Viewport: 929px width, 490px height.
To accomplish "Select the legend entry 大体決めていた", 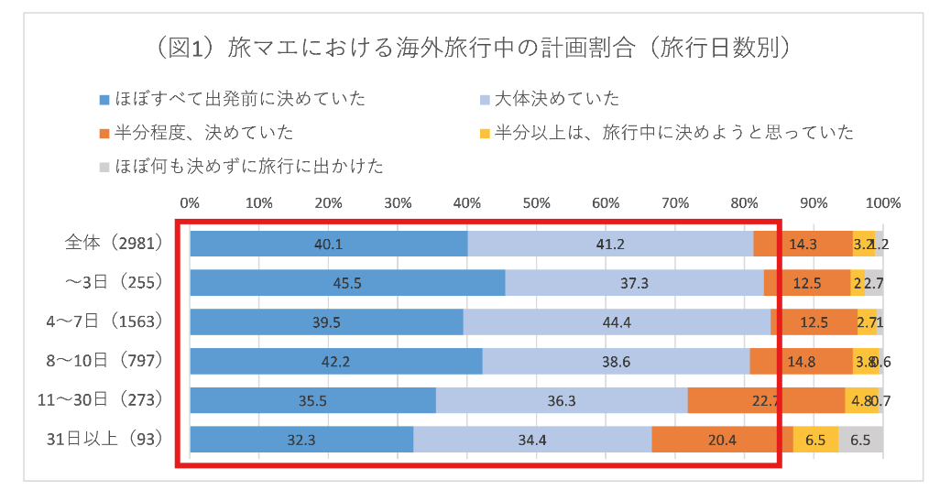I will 557,99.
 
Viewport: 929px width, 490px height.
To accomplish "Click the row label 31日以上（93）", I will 106,439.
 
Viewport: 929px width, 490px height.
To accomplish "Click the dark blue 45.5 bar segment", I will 347,283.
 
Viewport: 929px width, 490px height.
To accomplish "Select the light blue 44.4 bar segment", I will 617,321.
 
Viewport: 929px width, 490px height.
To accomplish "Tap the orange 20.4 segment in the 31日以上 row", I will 722,439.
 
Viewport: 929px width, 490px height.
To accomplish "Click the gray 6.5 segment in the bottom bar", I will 860,439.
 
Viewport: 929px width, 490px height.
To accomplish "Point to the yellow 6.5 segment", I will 815,439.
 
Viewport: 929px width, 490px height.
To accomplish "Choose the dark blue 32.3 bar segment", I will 301,439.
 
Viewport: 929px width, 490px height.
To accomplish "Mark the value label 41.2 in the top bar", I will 610,244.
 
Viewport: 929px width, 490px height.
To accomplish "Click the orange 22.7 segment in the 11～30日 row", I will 766,400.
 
